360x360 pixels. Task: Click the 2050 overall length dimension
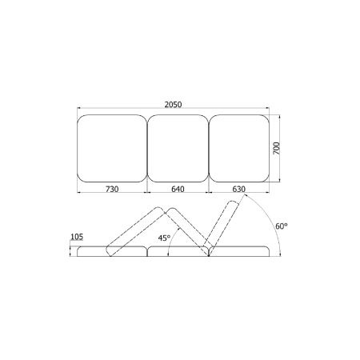click(173, 105)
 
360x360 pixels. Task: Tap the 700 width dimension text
click(277, 148)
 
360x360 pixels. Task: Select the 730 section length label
click(112, 189)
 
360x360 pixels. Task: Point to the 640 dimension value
click(178, 189)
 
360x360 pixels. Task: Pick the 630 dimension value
click(238, 189)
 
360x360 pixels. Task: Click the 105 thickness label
click(77, 237)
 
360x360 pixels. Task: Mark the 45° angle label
click(164, 238)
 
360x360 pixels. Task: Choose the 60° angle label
click(282, 226)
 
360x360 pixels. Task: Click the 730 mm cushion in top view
click(112, 149)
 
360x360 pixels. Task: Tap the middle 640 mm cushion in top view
click(178, 149)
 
